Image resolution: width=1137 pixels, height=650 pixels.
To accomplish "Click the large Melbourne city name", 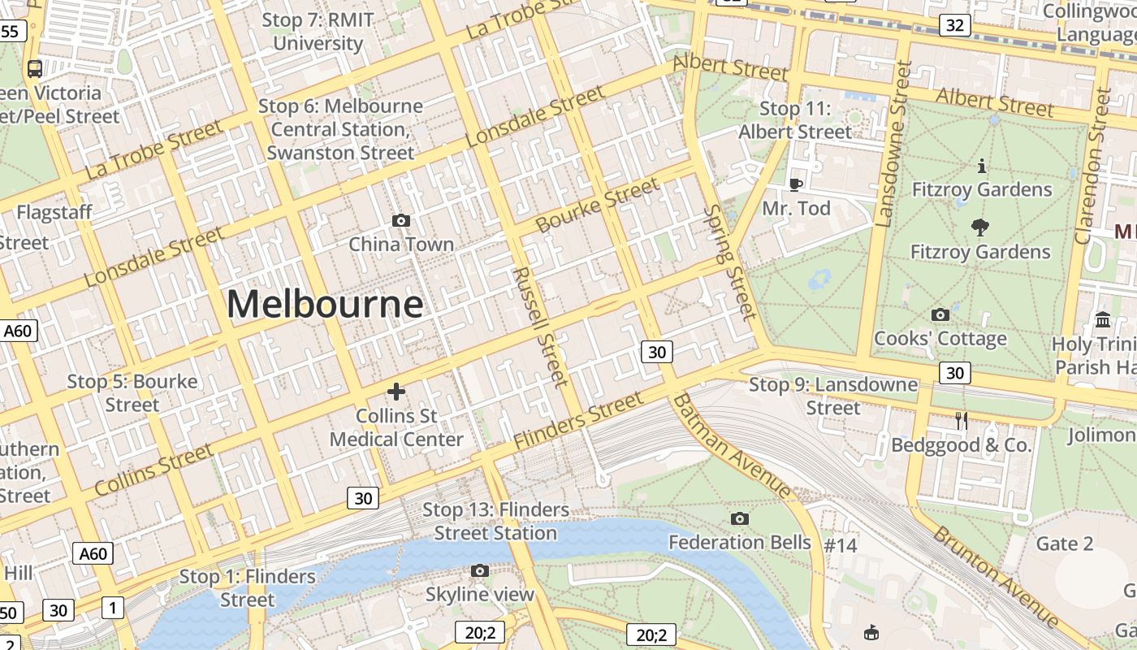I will coord(324,305).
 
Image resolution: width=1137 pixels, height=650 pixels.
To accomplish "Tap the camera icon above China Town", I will coord(400,220).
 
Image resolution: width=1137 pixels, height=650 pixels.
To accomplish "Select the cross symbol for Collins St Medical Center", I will coord(396,392).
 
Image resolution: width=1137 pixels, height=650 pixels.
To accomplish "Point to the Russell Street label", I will coord(538,326).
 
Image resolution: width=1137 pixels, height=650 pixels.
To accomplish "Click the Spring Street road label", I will coord(728,262).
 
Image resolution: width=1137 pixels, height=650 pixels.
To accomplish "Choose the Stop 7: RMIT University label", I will coord(318,32).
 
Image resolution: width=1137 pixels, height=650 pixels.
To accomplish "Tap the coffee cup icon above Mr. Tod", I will coord(796,184).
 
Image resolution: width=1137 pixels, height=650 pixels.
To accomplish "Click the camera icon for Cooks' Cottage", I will coord(940,314).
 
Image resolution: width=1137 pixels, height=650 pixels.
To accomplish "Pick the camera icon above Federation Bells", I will coord(739,518).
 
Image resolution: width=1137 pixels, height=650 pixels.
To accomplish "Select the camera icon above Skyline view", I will coord(480,570).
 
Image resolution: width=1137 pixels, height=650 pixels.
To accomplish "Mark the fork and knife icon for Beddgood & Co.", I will coord(962,420).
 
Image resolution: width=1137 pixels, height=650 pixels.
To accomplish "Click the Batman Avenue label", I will coord(732,445).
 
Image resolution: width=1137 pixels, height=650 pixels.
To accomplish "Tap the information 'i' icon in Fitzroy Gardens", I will coord(982,166).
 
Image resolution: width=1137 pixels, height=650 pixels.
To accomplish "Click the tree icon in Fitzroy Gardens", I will coord(980,227).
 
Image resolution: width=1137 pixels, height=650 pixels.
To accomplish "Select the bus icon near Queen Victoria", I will coord(35,69).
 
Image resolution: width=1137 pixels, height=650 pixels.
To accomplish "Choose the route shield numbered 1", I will coord(113,607).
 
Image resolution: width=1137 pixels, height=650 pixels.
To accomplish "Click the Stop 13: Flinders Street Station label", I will coord(495,522).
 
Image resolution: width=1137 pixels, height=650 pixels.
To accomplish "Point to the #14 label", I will coord(841,545).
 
